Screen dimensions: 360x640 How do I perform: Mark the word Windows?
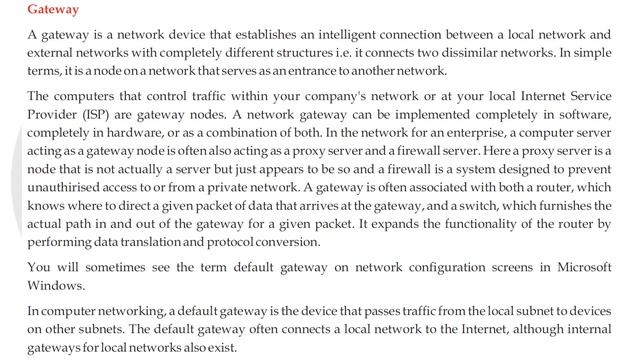coord(57,287)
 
